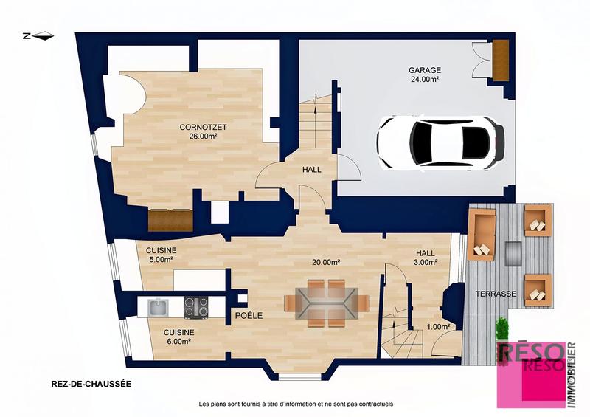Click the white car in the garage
440,142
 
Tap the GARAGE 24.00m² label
424,75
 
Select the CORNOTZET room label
203,131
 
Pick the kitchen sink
156,305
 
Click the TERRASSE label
495,294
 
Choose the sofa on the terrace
482,235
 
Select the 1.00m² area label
438,326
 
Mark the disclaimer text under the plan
296,404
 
